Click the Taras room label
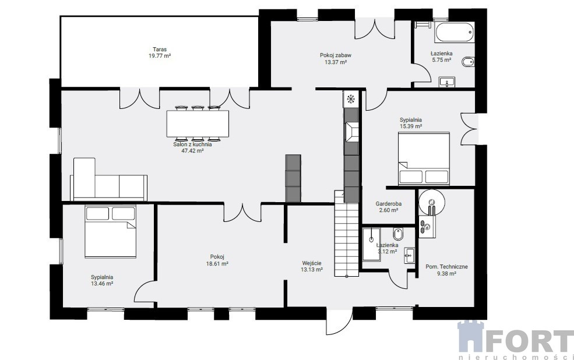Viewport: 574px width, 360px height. coord(160,50)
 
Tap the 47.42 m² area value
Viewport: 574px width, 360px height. coord(192,150)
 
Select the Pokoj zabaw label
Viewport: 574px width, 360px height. coord(336,55)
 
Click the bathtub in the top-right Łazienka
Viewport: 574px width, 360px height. coord(455,32)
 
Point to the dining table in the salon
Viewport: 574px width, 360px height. coord(198,123)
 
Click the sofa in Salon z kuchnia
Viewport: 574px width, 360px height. coord(109,179)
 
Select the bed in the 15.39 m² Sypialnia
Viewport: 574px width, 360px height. coord(424,158)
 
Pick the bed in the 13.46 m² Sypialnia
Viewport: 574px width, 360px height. coord(110,232)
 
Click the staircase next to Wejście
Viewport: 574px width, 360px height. coord(346,233)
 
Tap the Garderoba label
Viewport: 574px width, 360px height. coord(389,204)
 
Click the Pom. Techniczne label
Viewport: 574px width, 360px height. coord(446,267)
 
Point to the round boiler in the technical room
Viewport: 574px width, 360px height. coord(432,202)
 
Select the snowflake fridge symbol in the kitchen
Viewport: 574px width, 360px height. coord(351,98)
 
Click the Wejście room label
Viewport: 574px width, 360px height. coord(312,263)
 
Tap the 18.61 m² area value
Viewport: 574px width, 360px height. coord(217,263)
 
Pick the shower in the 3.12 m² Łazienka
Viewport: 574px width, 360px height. coord(371,245)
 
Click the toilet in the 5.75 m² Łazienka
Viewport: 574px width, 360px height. coord(468,62)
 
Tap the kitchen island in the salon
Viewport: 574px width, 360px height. coord(293,178)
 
